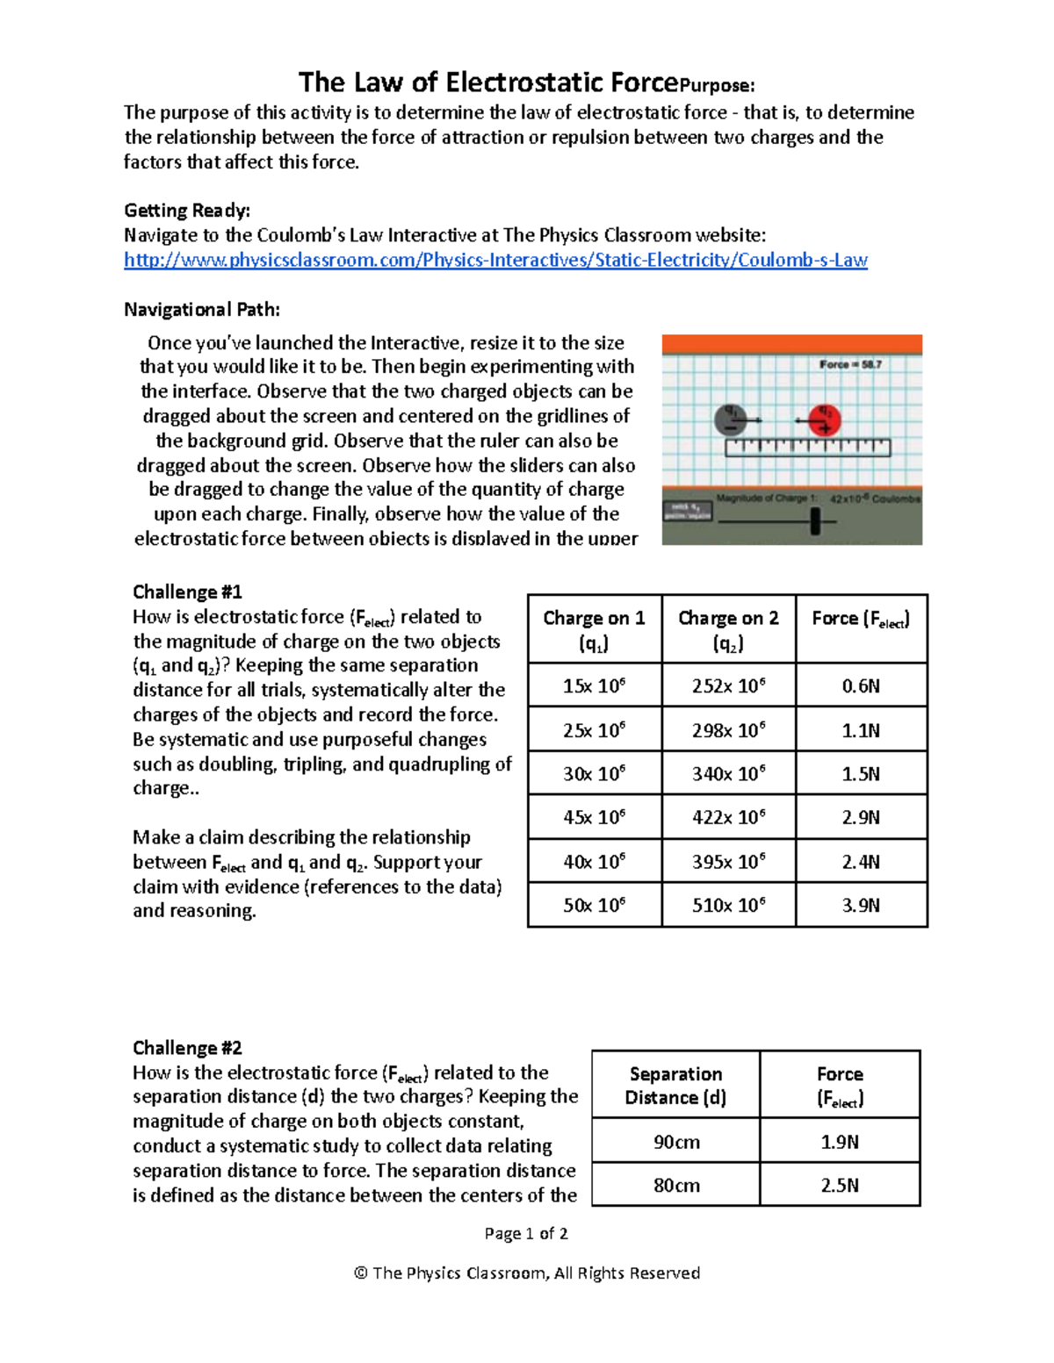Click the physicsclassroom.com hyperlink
click(x=495, y=260)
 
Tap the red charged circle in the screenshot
click(x=824, y=420)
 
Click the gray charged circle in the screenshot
click(x=730, y=419)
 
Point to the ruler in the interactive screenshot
click(x=807, y=448)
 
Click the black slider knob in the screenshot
click(x=815, y=521)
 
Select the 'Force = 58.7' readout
click(x=850, y=364)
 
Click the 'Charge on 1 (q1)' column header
click(x=594, y=629)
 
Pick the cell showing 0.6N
click(x=861, y=685)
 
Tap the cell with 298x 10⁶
click(x=728, y=730)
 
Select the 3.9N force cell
click(x=861, y=905)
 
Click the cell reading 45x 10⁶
click(x=594, y=817)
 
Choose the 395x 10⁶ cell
click(x=728, y=862)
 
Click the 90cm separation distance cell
click(x=676, y=1142)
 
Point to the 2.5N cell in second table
click(x=840, y=1185)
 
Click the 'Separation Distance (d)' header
click(x=675, y=1086)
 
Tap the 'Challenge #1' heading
click(x=187, y=592)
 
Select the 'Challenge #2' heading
click(x=187, y=1048)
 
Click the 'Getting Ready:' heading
click(x=187, y=211)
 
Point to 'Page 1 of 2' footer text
click(x=526, y=1233)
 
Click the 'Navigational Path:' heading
click(x=202, y=309)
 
